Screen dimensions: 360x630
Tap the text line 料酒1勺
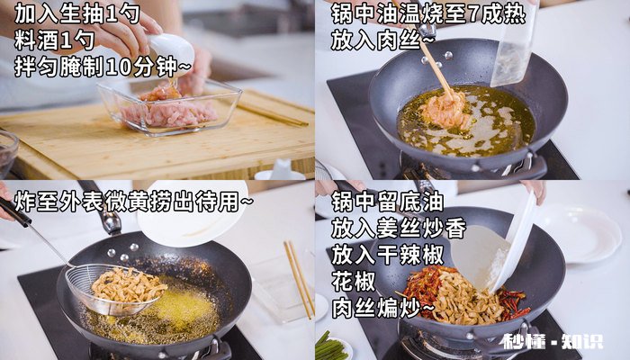(x=55, y=40)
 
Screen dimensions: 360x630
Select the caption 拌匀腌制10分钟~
(x=103, y=66)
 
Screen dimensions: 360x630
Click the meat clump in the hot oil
(x=445, y=109)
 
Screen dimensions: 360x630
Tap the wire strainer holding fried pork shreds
(x=117, y=287)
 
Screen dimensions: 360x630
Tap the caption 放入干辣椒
(x=390, y=256)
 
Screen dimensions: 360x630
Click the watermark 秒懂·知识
(x=551, y=342)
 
